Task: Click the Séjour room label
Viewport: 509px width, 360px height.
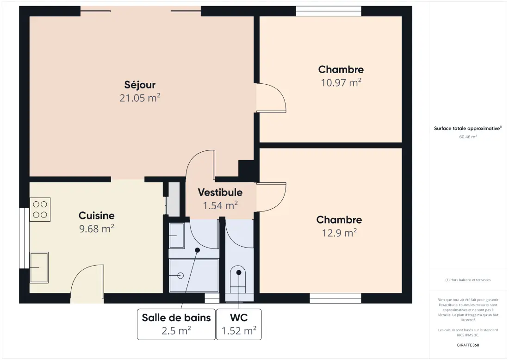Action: [140, 85]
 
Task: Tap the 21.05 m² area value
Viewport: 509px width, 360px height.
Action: [140, 98]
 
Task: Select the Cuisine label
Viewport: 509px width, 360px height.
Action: [96, 216]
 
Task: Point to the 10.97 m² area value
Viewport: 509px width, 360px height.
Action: [341, 82]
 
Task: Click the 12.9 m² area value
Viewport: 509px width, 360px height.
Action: [339, 233]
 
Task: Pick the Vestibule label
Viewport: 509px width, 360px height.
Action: [220, 192]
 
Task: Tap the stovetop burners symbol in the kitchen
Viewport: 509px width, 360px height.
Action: [40, 209]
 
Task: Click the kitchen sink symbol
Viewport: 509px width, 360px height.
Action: [39, 267]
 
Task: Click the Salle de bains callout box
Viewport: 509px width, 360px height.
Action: [176, 324]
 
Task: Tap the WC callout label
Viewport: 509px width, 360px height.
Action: [239, 324]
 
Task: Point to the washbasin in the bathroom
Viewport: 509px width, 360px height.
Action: [177, 236]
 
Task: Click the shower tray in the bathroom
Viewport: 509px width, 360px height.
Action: [194, 275]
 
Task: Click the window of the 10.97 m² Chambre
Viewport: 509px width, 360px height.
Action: [329, 11]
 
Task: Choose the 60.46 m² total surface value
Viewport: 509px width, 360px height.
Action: [468, 137]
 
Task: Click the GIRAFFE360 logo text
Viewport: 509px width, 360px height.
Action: [468, 345]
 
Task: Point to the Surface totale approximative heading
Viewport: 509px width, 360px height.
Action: [468, 128]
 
